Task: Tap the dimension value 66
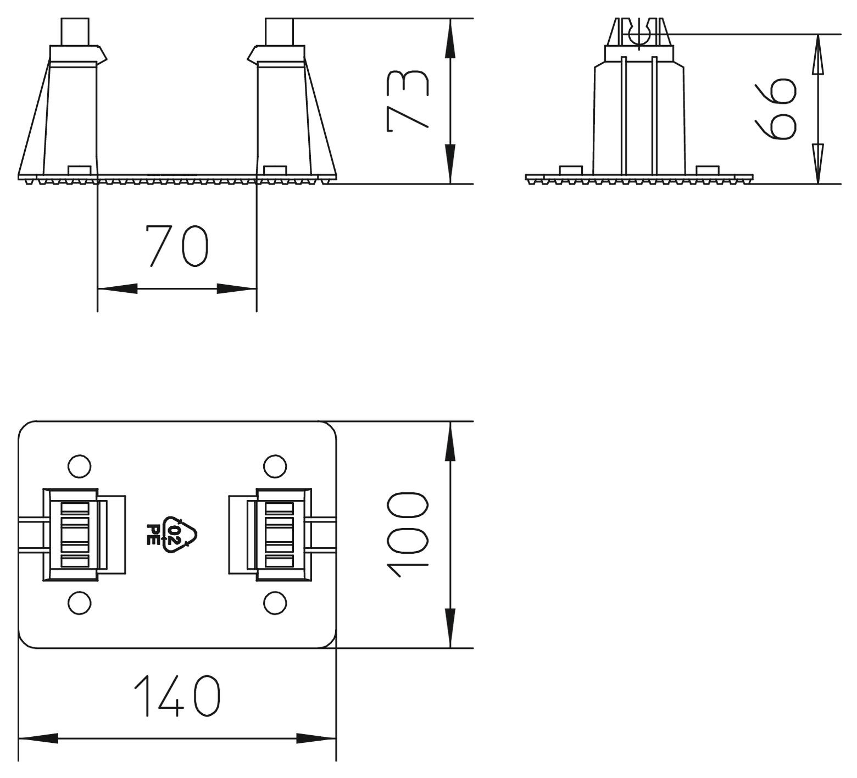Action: click(775, 109)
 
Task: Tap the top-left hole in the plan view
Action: click(79, 466)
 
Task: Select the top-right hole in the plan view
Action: click(275, 466)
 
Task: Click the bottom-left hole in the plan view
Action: click(79, 603)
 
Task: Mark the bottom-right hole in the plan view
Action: click(275, 603)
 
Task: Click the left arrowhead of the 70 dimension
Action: click(118, 288)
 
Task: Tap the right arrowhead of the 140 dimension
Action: click(316, 738)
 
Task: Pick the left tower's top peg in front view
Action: click(74, 32)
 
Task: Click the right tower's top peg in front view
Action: click(279, 32)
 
